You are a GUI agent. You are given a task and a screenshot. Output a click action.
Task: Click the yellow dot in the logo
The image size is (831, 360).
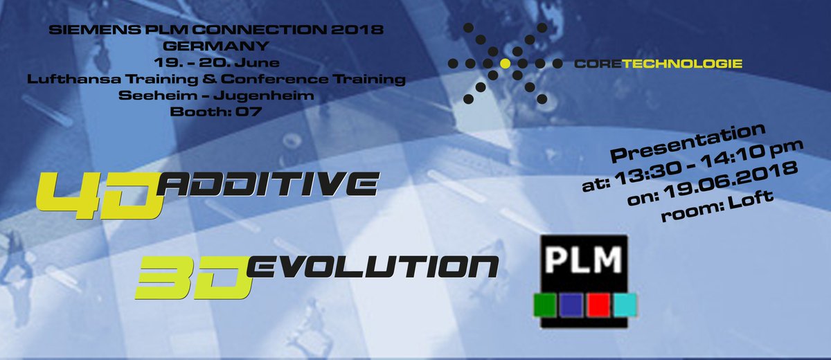[x=506, y=64]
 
